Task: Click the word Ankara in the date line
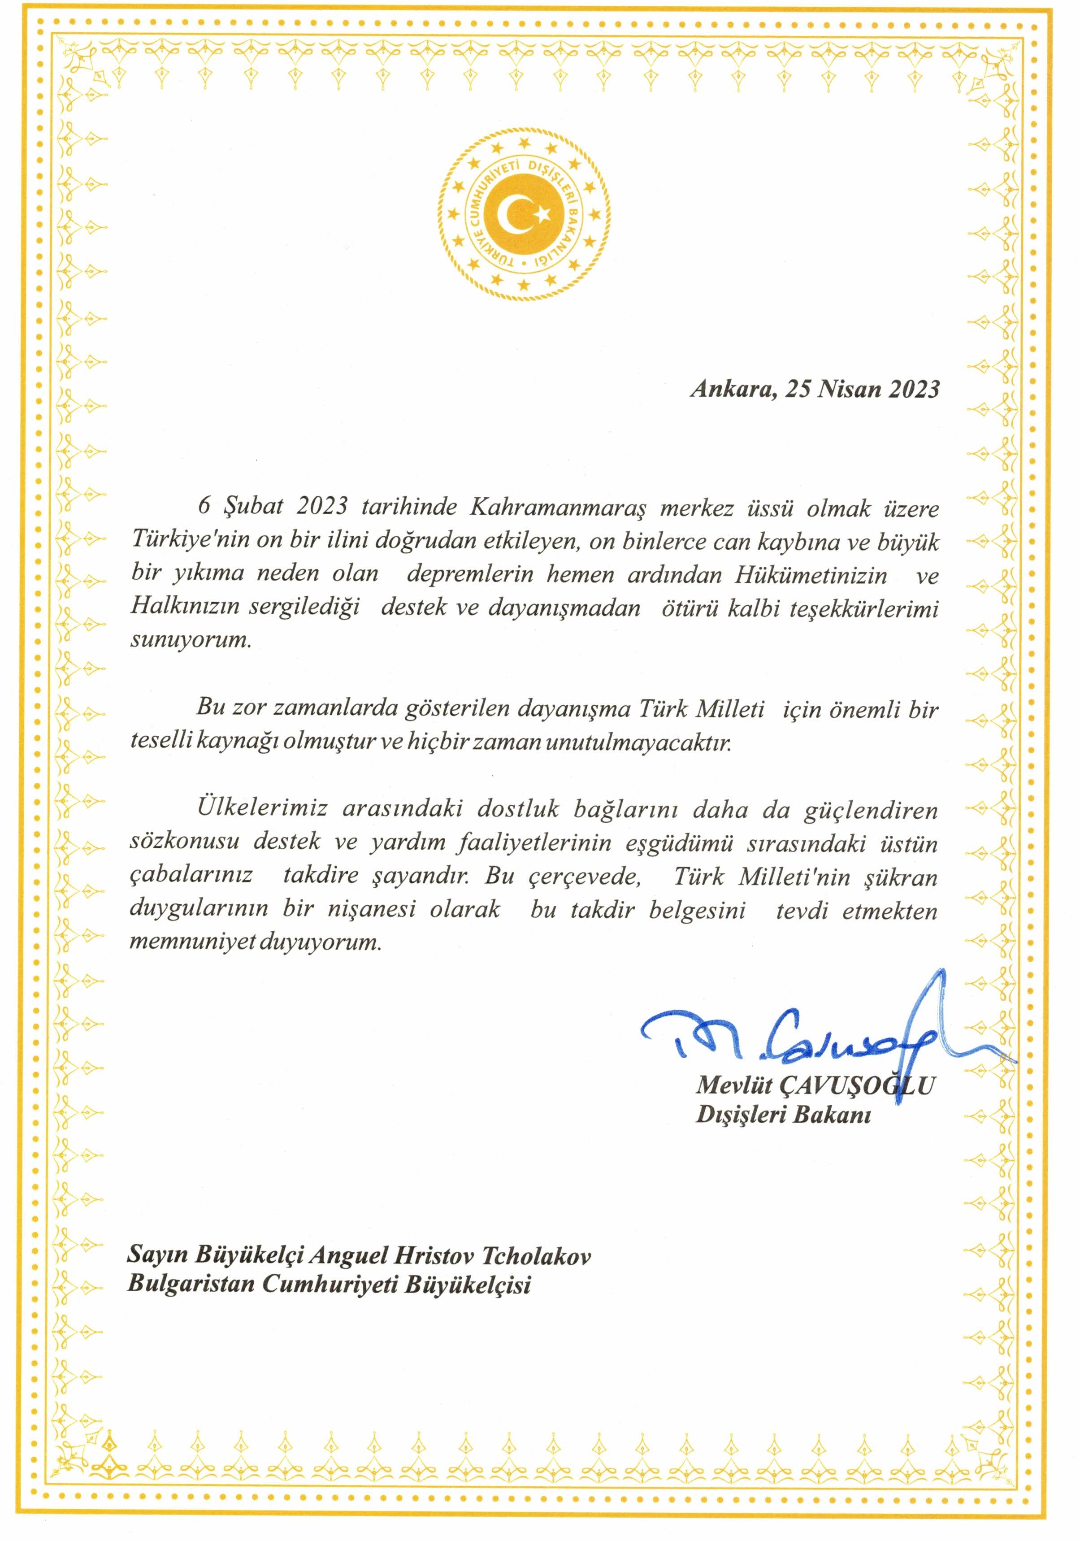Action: [730, 389]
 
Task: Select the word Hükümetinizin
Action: [811, 574]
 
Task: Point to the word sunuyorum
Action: [191, 640]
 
